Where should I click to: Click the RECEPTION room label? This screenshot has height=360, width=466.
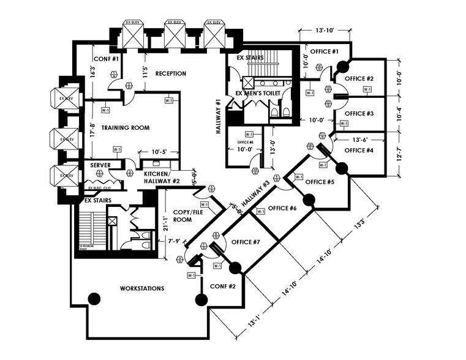coord(170,73)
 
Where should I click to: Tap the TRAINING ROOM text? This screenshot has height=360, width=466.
coord(125,128)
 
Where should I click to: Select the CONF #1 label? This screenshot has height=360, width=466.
coord(106,59)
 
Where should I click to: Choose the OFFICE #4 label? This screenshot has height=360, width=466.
coord(359,151)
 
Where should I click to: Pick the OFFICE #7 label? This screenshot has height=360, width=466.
coord(246,242)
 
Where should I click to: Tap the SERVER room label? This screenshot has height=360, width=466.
coord(100,165)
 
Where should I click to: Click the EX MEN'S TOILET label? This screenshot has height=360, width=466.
coord(258,93)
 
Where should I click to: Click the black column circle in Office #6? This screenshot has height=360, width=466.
coord(309,199)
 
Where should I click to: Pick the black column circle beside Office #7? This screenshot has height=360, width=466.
coord(234,268)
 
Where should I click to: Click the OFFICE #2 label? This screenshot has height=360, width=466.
coord(359,78)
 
